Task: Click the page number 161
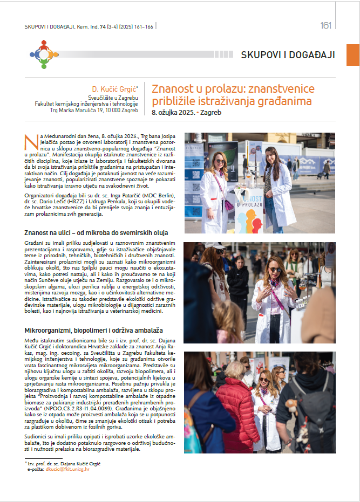pos(325,26)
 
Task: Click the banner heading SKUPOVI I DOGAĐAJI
pos(288,55)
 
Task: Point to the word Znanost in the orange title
pos(169,89)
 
